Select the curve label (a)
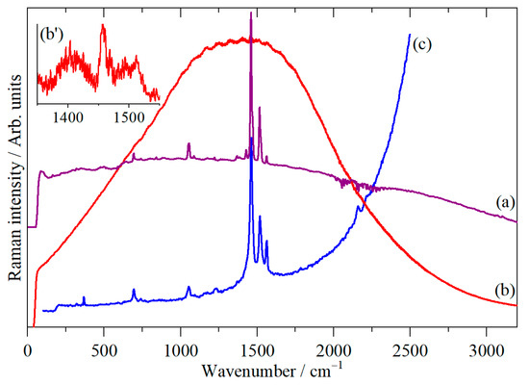coord(498,203)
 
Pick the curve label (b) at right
coord(498,287)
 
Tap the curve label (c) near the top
coord(420,45)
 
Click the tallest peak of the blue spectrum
coord(251,154)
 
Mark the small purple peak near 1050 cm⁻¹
coord(189,144)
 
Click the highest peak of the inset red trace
coord(102,26)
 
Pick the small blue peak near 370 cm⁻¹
coord(84,298)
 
